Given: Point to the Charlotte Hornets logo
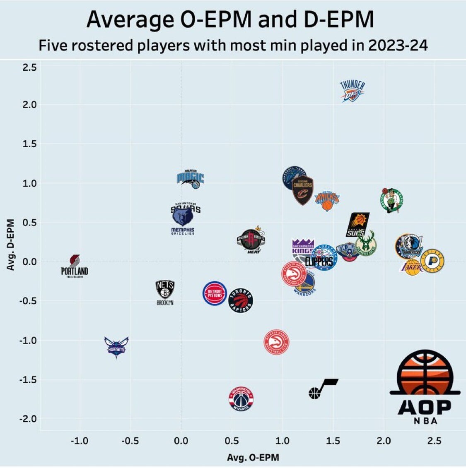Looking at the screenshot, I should coord(116,347).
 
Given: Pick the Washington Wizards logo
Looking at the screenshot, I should coord(241,399).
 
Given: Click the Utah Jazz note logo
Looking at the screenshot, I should coord(323,388).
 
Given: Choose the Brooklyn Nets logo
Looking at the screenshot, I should coord(165,292).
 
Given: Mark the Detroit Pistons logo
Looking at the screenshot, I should coord(215,293).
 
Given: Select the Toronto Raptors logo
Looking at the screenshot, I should coord(241,300).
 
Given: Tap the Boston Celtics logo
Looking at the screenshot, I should coord(392,200).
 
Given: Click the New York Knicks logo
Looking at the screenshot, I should coord(327,200).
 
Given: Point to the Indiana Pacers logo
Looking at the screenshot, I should coord(432,261).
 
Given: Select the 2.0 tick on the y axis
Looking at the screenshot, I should coord(29,105).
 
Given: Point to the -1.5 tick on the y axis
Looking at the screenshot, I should coord(28,379).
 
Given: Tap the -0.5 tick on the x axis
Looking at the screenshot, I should coord(130,441).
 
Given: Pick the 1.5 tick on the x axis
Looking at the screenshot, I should coord(333,441).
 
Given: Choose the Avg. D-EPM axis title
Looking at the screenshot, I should coord(11,245).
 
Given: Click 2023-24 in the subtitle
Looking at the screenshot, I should coord(398,45).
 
